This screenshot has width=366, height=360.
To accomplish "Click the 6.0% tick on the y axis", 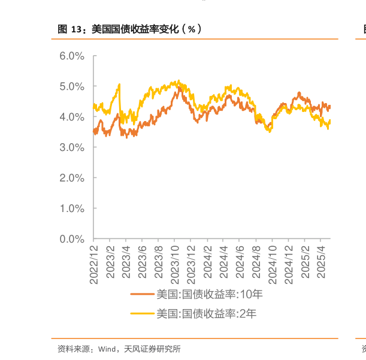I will [x=72, y=56].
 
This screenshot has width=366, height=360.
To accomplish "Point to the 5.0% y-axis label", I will [x=72, y=86].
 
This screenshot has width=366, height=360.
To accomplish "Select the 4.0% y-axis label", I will [x=72, y=117].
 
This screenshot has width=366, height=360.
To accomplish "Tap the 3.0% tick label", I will [x=72, y=147].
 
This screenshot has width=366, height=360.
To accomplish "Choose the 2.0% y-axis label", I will [x=72, y=178].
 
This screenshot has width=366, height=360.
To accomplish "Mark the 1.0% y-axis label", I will [x=72, y=208].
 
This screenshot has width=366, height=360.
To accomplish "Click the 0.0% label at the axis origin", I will [x=72, y=239].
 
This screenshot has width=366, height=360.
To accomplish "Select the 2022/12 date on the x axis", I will [x=94, y=261].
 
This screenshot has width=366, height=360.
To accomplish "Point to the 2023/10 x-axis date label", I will [x=176, y=261].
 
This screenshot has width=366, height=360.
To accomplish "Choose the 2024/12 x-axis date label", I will [x=289, y=261].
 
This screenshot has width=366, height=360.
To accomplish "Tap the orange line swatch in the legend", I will [x=143, y=294].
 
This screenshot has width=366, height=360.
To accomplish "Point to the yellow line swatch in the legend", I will [x=143, y=313].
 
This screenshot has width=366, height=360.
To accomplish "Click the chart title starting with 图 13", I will [x=129, y=29].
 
